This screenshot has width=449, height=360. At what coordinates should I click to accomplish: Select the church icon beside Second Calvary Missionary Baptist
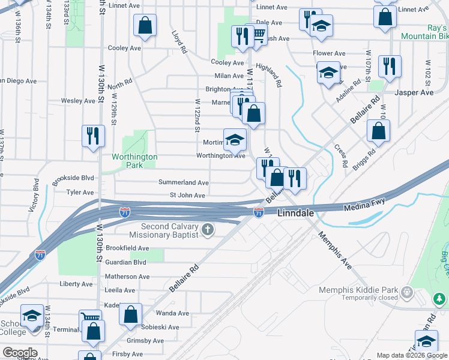click(x=208, y=230)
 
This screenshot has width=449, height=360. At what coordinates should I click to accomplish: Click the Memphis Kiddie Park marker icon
click(x=408, y=292)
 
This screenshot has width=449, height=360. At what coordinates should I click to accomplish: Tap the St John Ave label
click(x=187, y=196)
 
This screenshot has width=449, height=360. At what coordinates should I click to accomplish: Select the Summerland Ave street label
click(x=183, y=182)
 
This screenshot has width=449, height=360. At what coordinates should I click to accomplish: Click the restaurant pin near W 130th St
click(x=93, y=136)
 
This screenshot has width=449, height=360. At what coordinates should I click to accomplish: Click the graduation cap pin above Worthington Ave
click(x=235, y=140)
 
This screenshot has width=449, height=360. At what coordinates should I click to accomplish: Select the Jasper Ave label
click(x=414, y=93)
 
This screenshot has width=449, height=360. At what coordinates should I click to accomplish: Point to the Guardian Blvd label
click(x=126, y=262)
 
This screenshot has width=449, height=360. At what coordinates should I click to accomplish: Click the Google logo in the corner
click(x=19, y=353)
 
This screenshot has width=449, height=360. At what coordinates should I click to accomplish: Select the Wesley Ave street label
click(x=79, y=101)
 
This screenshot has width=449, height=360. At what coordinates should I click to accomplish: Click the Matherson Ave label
click(x=127, y=277)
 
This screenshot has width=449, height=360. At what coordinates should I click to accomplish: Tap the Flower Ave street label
click(x=329, y=53)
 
